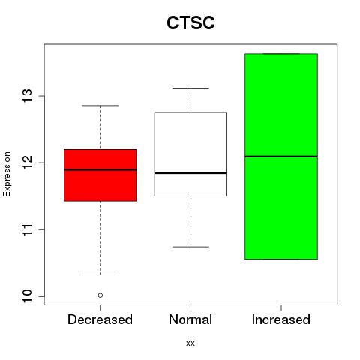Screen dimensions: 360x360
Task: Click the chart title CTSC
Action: pos(190,22)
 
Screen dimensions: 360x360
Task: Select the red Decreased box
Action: pos(100,175)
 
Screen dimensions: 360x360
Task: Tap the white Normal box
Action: pos(190,154)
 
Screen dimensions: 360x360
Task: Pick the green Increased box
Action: pos(281,157)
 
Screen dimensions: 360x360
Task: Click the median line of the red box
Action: pos(100,169)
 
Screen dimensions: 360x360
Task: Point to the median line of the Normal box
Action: pos(190,173)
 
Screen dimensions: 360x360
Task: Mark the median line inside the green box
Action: pos(281,157)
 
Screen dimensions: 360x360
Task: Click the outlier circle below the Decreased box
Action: pos(100,295)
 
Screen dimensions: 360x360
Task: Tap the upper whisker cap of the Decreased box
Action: pos(100,106)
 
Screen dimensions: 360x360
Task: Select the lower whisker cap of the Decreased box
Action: pos(100,274)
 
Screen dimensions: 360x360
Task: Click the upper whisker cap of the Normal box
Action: pos(190,88)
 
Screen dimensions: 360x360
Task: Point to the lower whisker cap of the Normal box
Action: pos(190,247)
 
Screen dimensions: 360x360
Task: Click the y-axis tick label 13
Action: pos(28,96)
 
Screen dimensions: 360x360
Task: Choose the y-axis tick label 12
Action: pos(28,163)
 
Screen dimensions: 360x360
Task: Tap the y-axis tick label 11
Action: pos(28,229)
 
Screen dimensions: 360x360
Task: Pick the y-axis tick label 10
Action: pos(28,296)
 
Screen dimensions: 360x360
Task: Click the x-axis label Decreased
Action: pos(100,319)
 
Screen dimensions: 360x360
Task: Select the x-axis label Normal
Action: pos(190,319)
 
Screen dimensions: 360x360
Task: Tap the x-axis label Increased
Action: pos(281,319)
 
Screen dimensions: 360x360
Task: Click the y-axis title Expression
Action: pos(7,174)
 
